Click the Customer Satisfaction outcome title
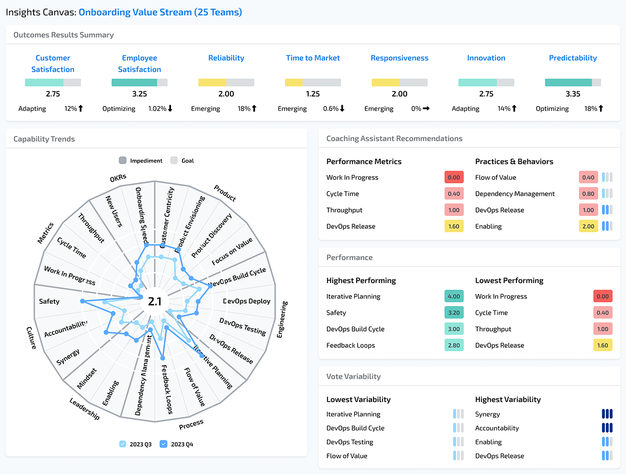[x=53, y=63]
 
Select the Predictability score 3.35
[x=573, y=94]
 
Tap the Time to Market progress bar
[x=313, y=83]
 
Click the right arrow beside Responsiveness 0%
[x=426, y=108]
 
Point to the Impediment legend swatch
[x=123, y=160]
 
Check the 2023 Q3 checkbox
[x=123, y=444]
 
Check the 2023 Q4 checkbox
[x=164, y=444]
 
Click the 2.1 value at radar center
[x=155, y=301]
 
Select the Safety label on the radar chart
[x=49, y=301]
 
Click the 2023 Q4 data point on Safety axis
[x=83, y=301]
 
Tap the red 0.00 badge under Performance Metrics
[x=454, y=178]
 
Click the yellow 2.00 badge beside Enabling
[x=588, y=226]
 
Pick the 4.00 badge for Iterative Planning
[x=454, y=296]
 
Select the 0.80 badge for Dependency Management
[x=588, y=194]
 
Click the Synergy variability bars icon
[x=607, y=414]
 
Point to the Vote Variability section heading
[x=353, y=377]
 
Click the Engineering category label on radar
[x=282, y=320]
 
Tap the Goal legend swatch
[x=174, y=160]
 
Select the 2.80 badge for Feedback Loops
[x=454, y=345]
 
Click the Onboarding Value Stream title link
[x=160, y=12]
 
